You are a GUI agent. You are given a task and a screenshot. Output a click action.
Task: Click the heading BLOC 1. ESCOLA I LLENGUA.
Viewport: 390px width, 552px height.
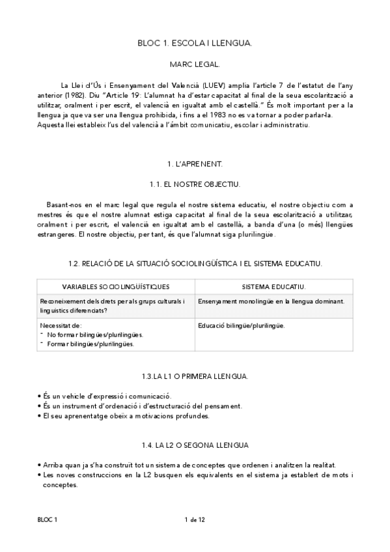point(195,43)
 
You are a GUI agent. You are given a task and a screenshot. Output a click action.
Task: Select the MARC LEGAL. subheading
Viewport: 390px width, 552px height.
point(195,65)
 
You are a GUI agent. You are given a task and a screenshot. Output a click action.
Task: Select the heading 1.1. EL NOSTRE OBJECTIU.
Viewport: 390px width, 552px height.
point(195,184)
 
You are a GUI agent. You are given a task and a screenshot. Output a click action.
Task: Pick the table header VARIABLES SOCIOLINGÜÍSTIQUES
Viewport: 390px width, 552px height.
point(116,286)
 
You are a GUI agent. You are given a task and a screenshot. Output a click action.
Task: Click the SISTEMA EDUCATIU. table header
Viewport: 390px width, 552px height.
point(273,286)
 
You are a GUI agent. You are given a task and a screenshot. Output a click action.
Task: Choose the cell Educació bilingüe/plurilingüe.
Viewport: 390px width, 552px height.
point(242,325)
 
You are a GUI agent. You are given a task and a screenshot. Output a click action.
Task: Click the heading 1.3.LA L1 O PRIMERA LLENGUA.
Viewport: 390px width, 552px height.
point(195,377)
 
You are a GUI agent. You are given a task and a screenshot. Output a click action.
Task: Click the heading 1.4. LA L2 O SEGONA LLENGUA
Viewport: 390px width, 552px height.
point(195,445)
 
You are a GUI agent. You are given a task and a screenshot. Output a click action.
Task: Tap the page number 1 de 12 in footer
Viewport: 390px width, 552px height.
point(195,519)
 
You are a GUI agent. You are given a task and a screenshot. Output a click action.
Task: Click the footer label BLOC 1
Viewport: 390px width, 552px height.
point(48,519)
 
